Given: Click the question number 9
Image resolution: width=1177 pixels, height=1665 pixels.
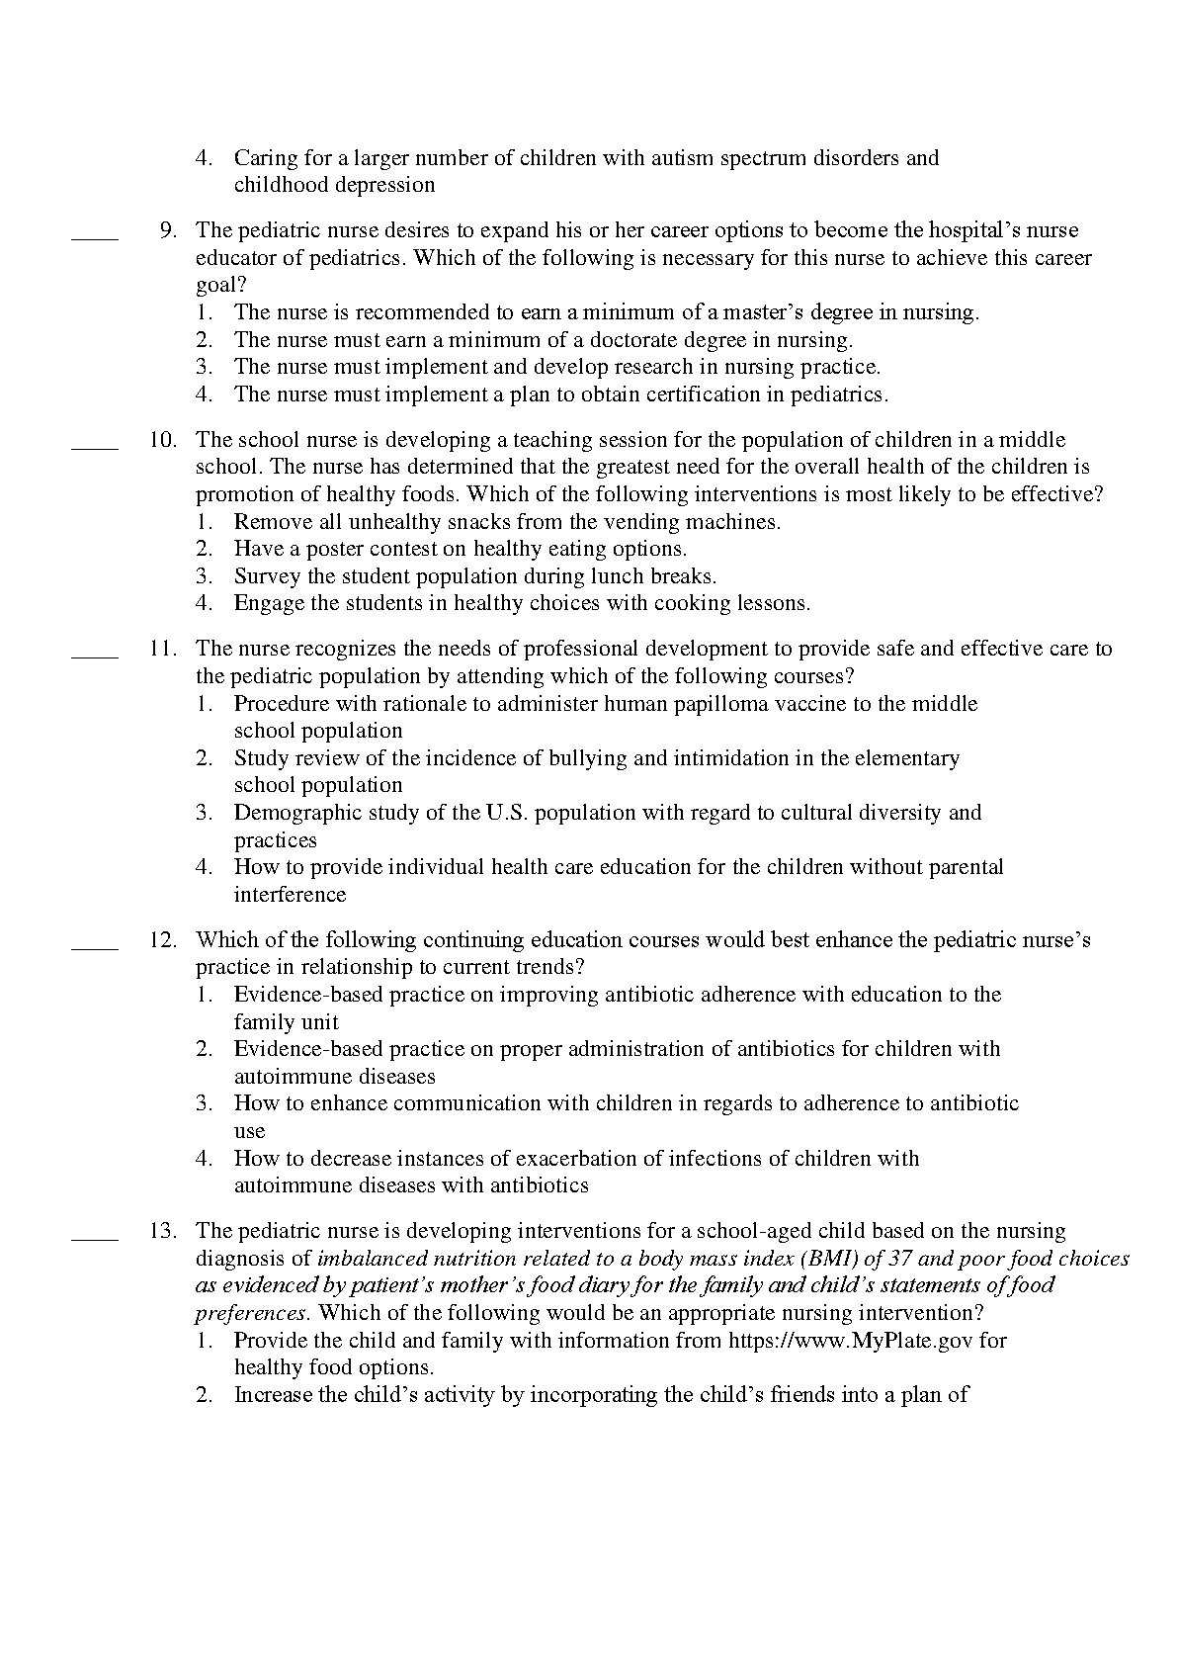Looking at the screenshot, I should coord(167,230).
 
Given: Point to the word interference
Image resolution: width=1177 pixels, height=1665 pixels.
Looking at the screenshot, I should coord(290,895).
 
